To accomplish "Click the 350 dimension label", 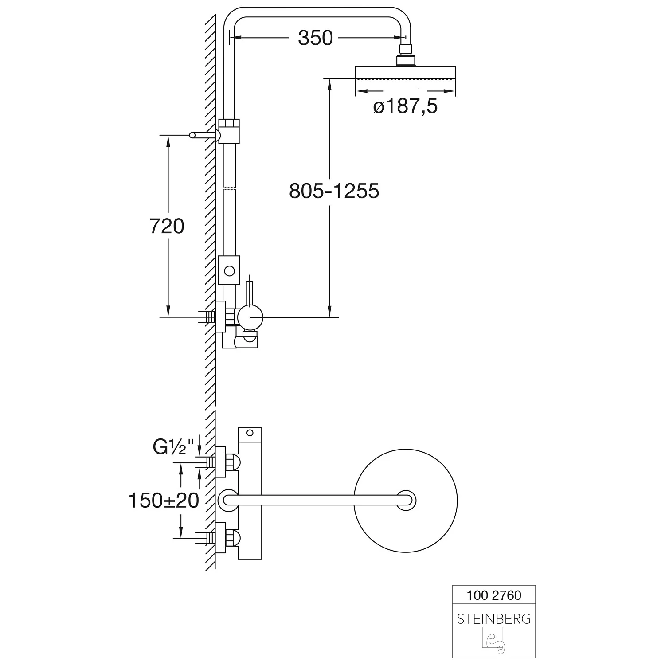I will (x=315, y=38).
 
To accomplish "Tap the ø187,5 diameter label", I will (x=405, y=107).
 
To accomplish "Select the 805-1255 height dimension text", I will (x=334, y=191).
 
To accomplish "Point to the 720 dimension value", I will (x=167, y=227).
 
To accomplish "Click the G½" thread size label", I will (x=174, y=447).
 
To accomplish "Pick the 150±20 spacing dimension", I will (x=164, y=501).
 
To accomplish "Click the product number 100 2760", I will (x=494, y=595).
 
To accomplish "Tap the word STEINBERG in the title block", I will (x=493, y=619).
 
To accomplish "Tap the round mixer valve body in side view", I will (x=250, y=317).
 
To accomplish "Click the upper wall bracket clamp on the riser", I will (x=229, y=131).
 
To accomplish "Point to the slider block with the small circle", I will (x=229, y=270).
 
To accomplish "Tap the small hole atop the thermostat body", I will (x=250, y=432).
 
